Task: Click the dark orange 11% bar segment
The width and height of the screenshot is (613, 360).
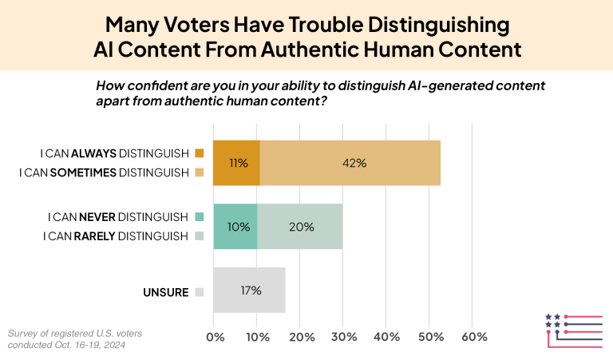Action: (x=236, y=163)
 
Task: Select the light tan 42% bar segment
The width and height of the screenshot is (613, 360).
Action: (x=350, y=163)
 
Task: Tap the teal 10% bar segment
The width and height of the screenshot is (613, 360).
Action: (x=235, y=226)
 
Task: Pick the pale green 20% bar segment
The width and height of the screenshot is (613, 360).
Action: (x=300, y=226)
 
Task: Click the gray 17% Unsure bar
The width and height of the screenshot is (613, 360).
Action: (x=249, y=291)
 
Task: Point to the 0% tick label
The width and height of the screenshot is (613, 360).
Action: (x=215, y=337)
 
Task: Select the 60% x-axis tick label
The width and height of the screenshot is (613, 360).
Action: (x=474, y=337)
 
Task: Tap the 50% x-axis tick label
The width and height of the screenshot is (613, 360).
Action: (x=431, y=337)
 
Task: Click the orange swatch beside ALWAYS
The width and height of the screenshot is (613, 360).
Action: (x=199, y=153)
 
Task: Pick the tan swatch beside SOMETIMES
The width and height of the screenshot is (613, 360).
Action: (x=199, y=172)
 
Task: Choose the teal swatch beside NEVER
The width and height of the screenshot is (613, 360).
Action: (x=199, y=216)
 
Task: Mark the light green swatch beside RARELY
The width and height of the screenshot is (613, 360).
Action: (x=199, y=235)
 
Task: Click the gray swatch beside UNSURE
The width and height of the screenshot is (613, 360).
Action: (x=199, y=292)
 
